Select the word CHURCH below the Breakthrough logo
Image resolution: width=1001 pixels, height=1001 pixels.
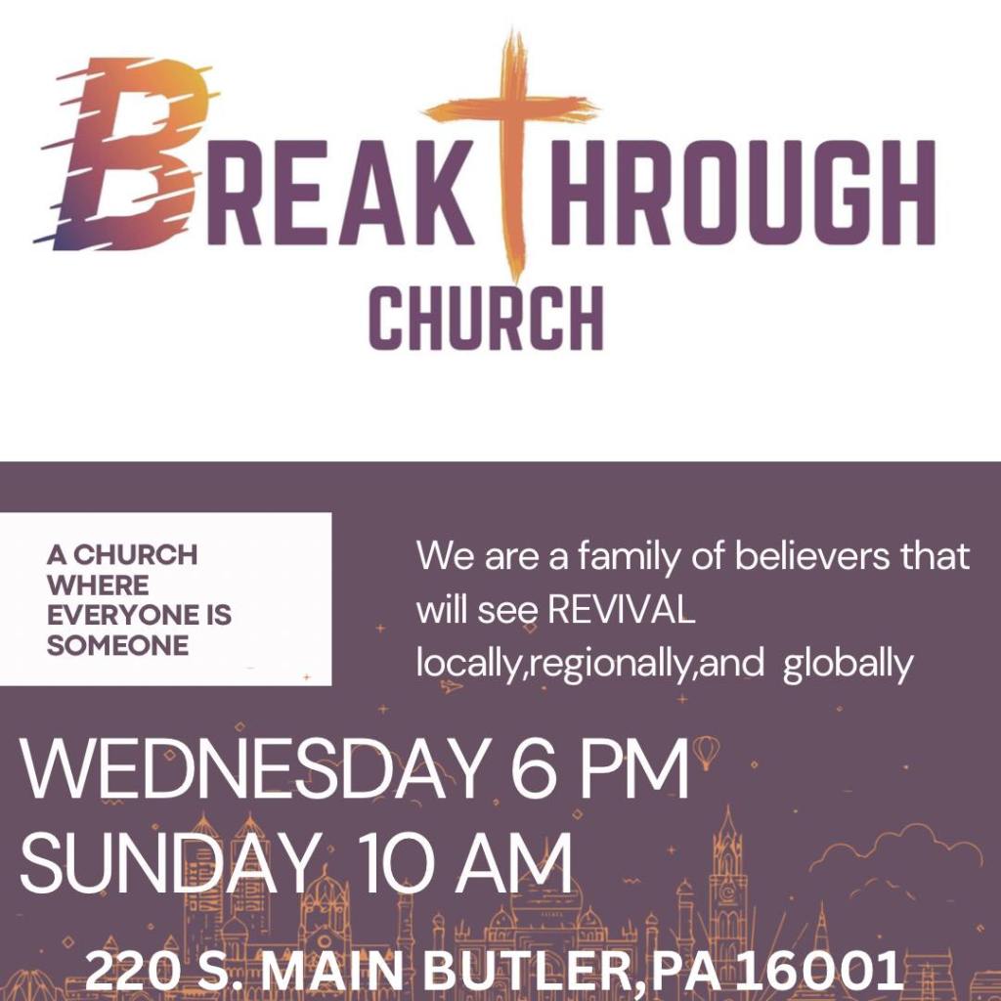pyautogui.click(x=486, y=317)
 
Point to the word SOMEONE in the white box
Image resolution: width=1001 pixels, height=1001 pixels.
pyautogui.click(x=117, y=646)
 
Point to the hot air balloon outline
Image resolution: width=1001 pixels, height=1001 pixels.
pyautogui.click(x=707, y=753)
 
